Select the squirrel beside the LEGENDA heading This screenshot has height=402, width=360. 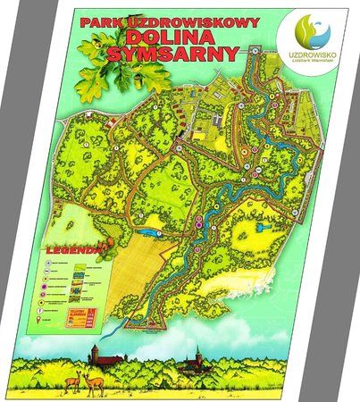[x=107, y=244]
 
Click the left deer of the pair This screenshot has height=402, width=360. [x=79, y=381]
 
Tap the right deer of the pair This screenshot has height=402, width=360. [x=94, y=381]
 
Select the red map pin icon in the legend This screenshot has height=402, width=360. [x=39, y=318]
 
